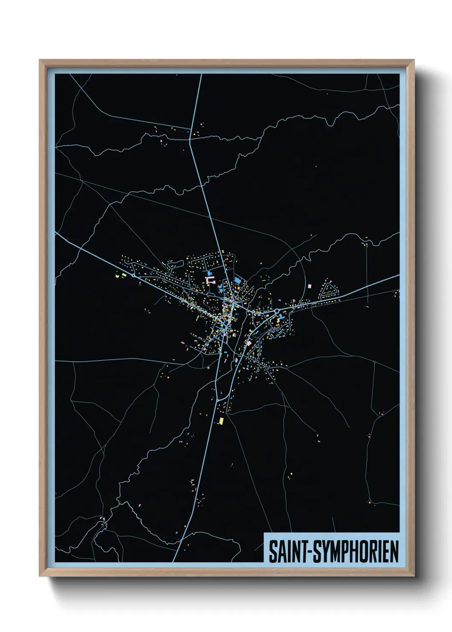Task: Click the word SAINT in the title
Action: click(285, 551)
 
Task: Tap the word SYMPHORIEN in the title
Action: click(357, 551)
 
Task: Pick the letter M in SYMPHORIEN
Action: click(335, 551)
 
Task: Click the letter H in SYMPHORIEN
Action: click(358, 551)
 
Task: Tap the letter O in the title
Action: click(368, 551)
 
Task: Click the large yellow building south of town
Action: click(221, 421)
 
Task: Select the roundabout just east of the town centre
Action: click(277, 311)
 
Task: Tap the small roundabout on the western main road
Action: click(134, 276)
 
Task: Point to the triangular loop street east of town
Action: click(329, 290)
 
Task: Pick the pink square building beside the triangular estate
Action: click(310, 286)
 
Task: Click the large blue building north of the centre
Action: click(210, 273)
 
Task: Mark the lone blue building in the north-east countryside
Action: click(316, 167)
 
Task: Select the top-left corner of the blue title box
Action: click(264, 533)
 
